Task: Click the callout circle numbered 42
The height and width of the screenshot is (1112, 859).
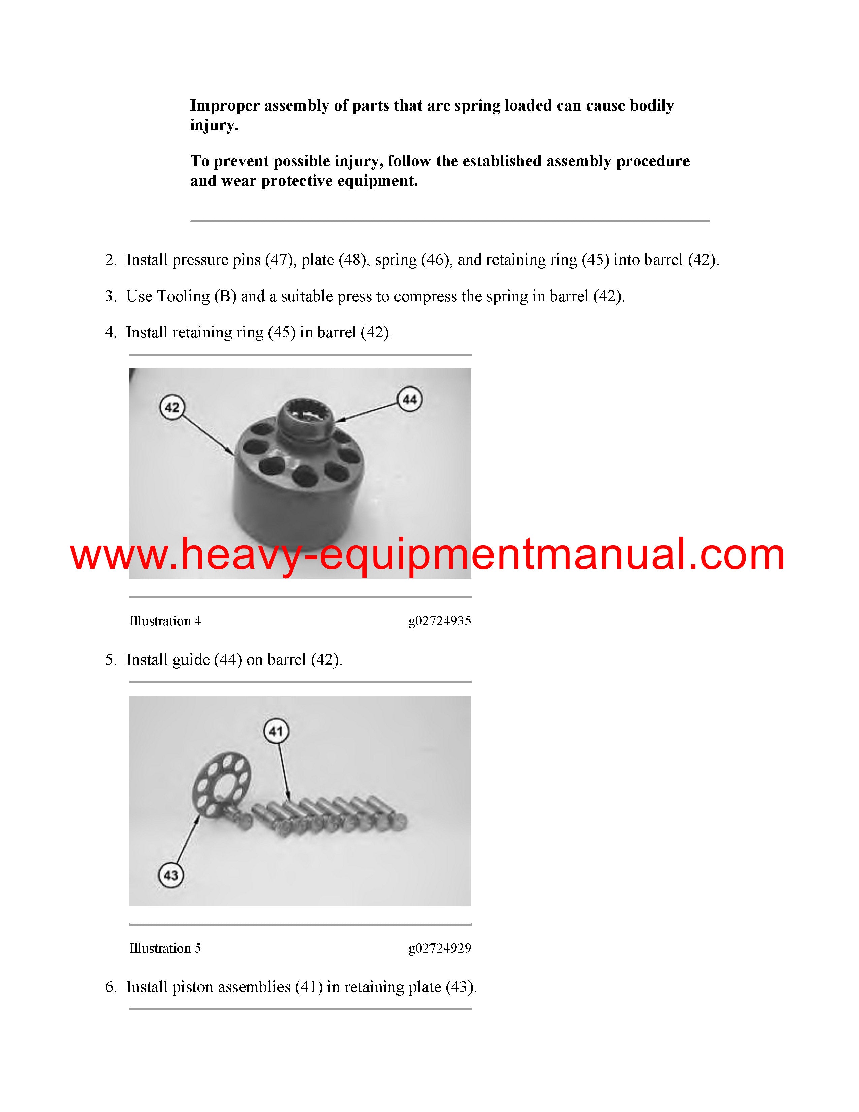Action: pos(172,407)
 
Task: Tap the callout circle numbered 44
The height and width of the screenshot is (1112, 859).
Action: pos(410,399)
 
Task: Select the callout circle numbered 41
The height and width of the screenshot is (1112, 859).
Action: pos(276,732)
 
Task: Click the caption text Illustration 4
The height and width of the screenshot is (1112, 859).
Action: pos(165,621)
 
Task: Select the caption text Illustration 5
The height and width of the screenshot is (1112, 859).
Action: pos(165,948)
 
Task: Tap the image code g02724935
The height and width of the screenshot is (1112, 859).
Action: pos(439,621)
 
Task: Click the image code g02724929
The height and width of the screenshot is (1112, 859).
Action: pos(439,948)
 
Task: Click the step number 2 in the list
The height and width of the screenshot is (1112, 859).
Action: pos(110,260)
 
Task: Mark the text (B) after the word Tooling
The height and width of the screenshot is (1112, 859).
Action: pos(225,296)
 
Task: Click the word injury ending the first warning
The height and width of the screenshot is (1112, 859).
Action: pos(213,125)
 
